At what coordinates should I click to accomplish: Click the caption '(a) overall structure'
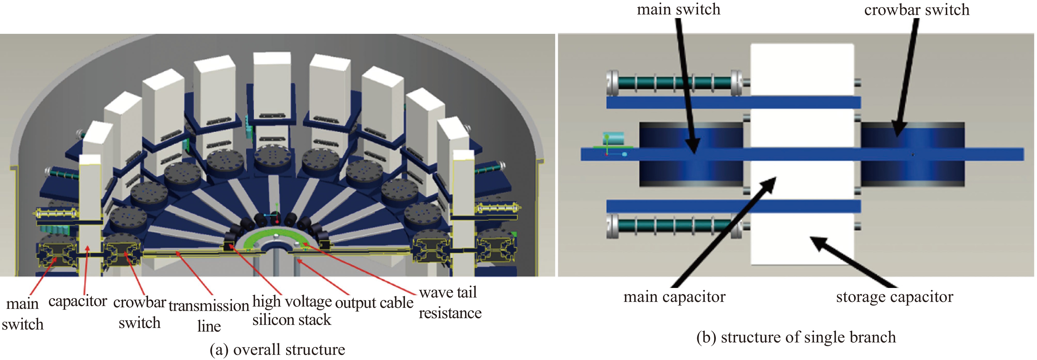(x=277, y=349)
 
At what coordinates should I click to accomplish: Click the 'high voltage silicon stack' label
(x=292, y=310)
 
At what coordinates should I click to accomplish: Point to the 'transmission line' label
(x=209, y=316)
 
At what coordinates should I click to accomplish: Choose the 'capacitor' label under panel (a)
(x=78, y=301)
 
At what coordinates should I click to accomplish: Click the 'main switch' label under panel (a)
(x=22, y=314)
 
